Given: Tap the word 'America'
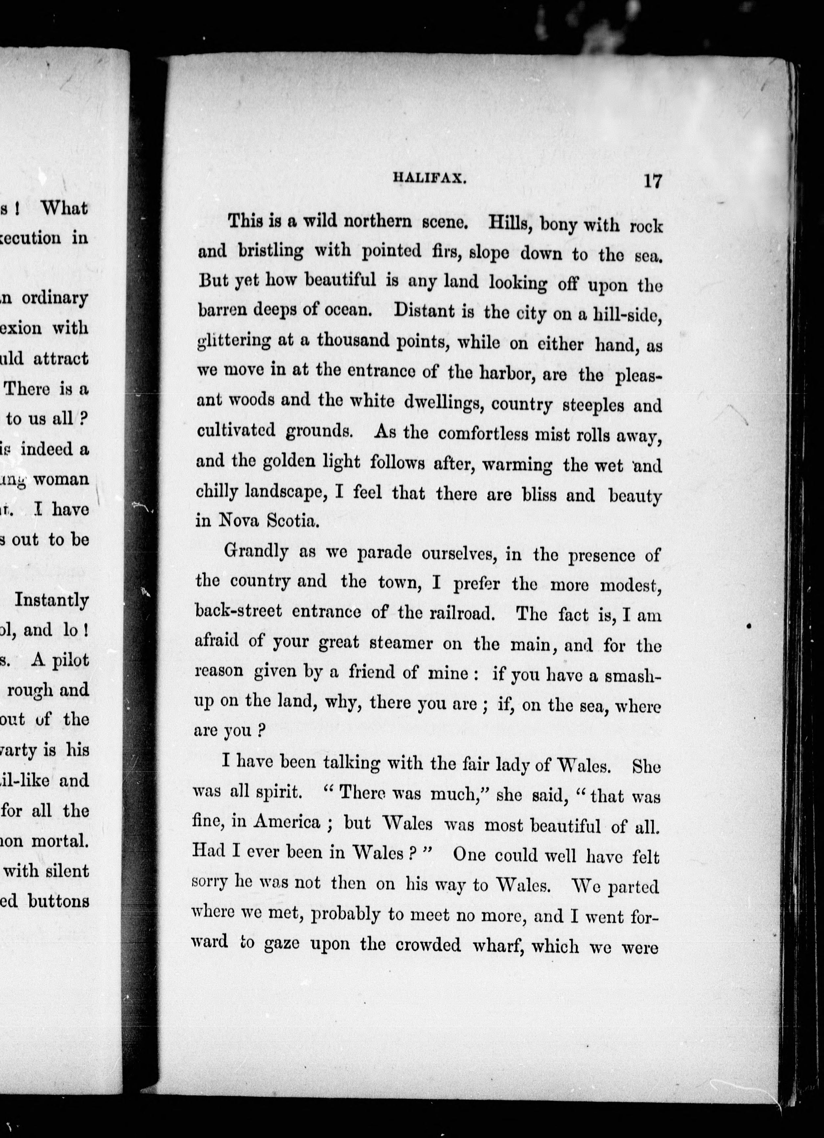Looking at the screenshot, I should pos(286,821).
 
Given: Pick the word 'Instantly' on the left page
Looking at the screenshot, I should pos(52,601).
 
